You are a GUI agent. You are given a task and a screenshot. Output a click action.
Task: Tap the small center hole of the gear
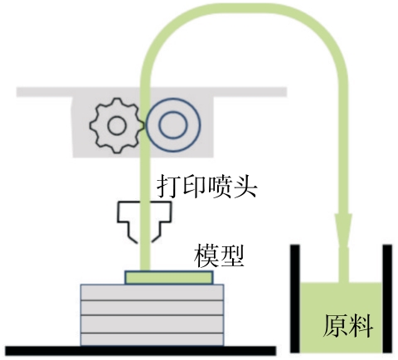click(117, 125)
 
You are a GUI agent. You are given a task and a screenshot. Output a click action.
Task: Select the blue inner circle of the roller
click(173, 125)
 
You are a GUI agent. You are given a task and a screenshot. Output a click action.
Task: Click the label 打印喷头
click(207, 187)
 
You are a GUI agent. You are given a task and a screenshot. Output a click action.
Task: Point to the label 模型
click(219, 255)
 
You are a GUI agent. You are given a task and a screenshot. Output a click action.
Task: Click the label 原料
click(347, 326)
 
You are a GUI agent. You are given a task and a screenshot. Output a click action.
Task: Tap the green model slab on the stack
click(169, 277)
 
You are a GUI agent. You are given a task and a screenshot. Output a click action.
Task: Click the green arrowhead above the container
click(343, 231)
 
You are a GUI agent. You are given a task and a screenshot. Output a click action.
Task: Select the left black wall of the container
click(295, 299)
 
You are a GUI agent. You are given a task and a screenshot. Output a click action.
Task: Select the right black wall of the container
click(387, 299)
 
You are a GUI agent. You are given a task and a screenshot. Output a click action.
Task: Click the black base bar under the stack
click(140, 351)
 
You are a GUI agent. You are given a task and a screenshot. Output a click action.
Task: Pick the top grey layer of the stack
click(152, 292)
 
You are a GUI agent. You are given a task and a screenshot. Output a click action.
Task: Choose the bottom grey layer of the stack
click(152, 339)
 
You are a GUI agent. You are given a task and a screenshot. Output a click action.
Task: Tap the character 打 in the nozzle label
click(168, 187)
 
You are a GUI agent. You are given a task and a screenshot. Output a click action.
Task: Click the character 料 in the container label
click(361, 326)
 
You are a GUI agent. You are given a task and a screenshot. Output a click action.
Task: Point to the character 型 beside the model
click(231, 255)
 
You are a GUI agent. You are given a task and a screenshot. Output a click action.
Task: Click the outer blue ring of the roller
click(173, 99)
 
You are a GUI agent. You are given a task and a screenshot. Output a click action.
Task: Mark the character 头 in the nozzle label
click(245, 187)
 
